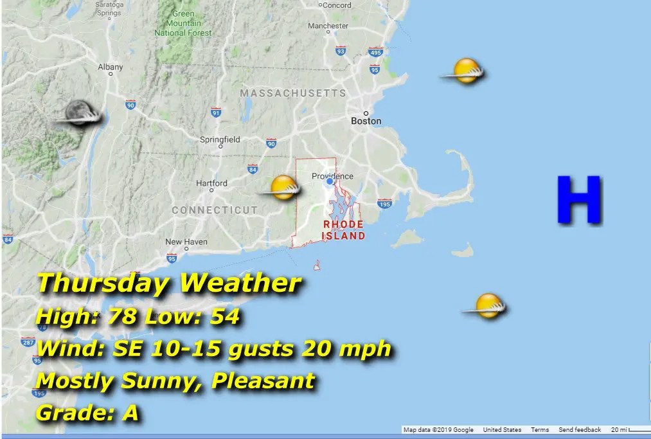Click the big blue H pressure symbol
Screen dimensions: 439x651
coord(579,200)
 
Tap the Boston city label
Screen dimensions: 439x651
coord(366,121)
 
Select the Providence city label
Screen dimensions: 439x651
coord(332,176)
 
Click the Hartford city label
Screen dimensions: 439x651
coord(211,183)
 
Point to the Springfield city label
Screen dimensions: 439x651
coord(220,139)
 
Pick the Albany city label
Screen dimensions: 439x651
coord(110,67)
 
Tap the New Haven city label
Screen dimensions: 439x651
coord(186,242)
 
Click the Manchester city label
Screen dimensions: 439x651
coord(328,26)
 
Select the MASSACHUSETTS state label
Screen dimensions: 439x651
coord(292,94)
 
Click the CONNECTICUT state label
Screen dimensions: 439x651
coord(215,210)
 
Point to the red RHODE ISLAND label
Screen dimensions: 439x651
coord(344,229)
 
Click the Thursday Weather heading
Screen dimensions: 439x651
coord(169,283)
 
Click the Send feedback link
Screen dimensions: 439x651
coord(580,430)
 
